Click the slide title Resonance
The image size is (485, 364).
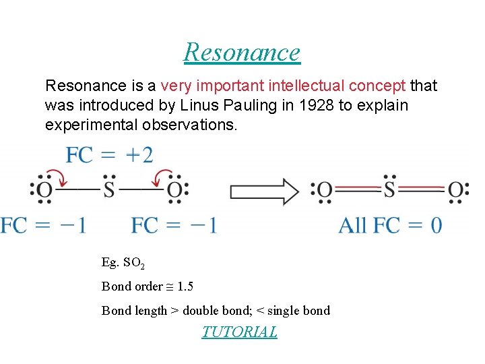pyautogui.click(x=242, y=52)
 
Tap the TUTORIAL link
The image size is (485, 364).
pyautogui.click(x=239, y=332)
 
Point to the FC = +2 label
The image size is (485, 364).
pyautogui.click(x=109, y=155)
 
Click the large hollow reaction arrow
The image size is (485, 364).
pyautogui.click(x=264, y=191)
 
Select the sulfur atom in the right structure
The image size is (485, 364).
pyautogui.click(x=389, y=190)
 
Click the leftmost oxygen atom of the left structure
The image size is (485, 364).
pyautogui.click(x=44, y=190)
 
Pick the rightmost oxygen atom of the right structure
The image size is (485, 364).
pyautogui.click(x=455, y=190)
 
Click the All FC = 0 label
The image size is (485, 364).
pyautogui.click(x=390, y=224)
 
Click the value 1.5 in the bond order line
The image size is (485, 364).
pyautogui.click(x=185, y=286)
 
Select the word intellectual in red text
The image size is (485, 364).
pyautogui.click(x=306, y=86)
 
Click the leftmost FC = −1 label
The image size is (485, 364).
pyautogui.click(x=43, y=224)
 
